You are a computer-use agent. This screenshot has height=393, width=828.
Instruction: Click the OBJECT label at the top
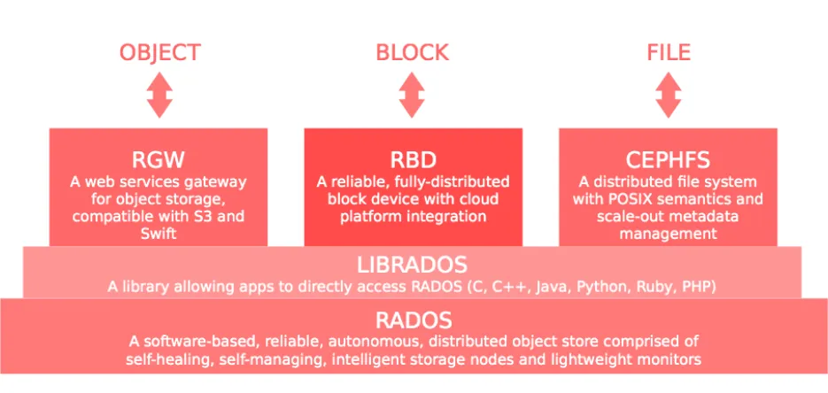[x=160, y=53]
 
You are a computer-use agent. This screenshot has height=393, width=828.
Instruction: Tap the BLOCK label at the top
[x=413, y=53]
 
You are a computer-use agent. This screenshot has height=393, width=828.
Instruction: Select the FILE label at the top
[x=669, y=53]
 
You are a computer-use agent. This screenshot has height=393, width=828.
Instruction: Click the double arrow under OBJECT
[x=159, y=95]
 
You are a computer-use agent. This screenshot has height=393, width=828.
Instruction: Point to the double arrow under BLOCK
[x=412, y=95]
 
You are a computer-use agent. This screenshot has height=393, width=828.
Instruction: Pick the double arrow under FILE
[x=669, y=95]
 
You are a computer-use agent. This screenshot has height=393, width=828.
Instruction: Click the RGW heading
[x=159, y=159]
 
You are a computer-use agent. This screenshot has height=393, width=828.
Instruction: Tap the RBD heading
[x=413, y=159]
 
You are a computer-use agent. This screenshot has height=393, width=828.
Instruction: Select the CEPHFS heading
[x=668, y=159]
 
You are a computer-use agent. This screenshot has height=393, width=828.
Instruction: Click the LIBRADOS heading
[x=412, y=265]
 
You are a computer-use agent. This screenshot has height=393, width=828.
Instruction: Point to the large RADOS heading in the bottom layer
[x=414, y=320]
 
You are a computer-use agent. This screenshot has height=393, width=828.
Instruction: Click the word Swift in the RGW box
[x=159, y=234]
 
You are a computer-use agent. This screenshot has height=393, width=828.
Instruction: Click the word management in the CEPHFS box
[x=668, y=234]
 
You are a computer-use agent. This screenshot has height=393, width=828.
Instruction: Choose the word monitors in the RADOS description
[x=672, y=359]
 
